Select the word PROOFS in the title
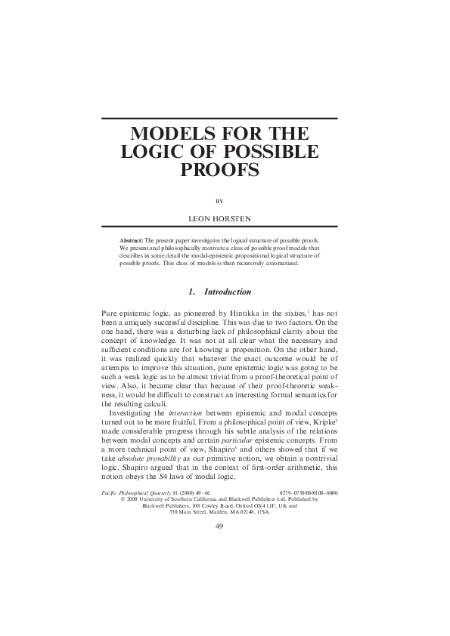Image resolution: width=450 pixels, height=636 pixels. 219,170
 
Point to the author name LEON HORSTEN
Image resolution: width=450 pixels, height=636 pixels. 219,217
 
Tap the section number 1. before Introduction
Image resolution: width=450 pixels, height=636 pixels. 191,292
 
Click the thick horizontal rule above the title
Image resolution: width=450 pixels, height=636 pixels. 219,119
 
